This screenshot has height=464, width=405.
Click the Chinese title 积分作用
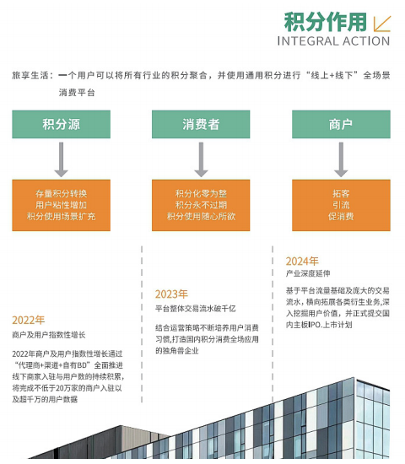pos(326,22)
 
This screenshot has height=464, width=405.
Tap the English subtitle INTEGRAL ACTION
pos(333,41)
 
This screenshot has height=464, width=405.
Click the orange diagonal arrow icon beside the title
pos(382,24)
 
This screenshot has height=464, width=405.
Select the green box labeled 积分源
pos(62,124)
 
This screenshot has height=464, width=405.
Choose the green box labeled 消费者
pos(201,124)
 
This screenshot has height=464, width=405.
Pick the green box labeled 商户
pos(341,124)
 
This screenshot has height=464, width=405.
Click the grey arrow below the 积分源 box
pos(62,159)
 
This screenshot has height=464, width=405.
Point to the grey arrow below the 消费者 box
pos(201,159)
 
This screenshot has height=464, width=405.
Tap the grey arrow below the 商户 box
pos(341,159)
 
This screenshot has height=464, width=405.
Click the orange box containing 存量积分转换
pos(62,205)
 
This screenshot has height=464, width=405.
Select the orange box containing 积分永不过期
pos(201,205)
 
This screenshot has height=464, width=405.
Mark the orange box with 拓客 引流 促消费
pos(341,205)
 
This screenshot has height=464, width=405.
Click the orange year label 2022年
pos(29,321)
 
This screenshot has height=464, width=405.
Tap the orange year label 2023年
pos(171,294)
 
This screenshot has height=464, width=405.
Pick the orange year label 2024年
pos(302,262)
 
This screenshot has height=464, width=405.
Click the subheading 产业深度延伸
pos(308,273)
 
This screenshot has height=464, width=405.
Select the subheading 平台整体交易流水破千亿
pos(196,309)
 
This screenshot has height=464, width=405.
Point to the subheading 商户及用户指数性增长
pos(49,335)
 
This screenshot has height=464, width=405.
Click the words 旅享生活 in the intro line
pos(30,75)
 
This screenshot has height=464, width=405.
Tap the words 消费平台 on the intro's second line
pos(77,93)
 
